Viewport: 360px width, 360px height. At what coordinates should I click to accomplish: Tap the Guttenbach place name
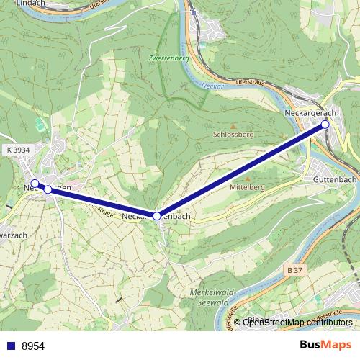coord(335,179)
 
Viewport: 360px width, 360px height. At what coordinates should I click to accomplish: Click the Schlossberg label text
coord(234,135)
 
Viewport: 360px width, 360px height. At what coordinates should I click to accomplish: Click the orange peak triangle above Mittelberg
coord(248,179)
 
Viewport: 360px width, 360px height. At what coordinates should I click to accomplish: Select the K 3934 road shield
coord(17,150)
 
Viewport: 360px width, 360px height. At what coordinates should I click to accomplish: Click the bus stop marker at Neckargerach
coord(325,125)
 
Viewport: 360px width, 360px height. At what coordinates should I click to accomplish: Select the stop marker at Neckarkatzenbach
coord(156,215)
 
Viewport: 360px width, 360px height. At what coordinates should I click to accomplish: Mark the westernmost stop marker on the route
coord(34,183)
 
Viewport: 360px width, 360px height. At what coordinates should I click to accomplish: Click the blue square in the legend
coord(9,346)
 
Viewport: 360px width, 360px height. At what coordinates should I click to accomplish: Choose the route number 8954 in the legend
coord(33,346)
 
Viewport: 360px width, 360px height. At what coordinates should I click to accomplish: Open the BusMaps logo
coord(325,345)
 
